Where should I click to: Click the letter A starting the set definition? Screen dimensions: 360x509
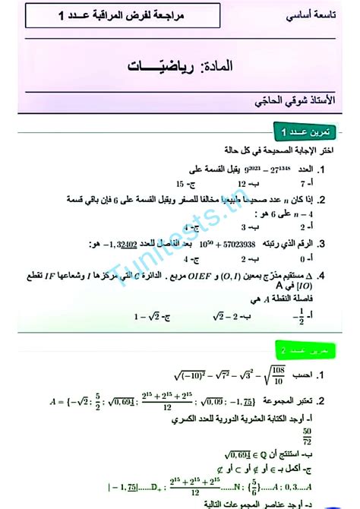(59, 402)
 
